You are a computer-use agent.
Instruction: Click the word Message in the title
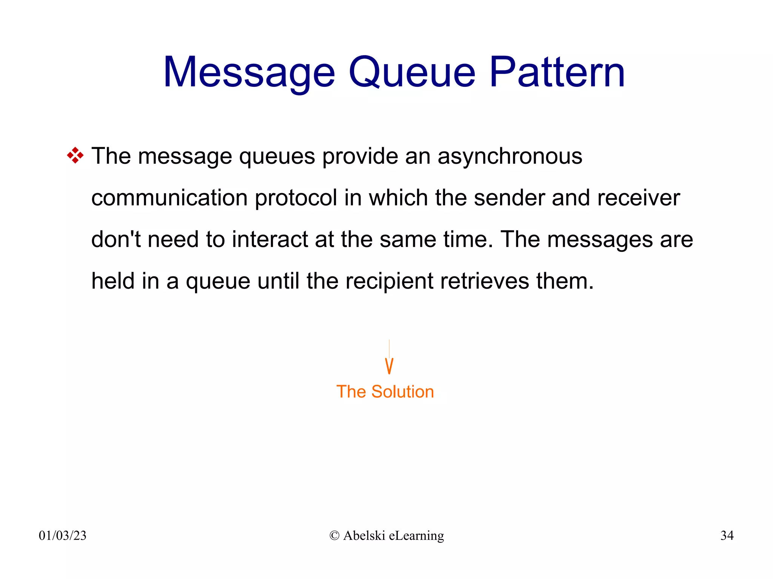tap(249, 72)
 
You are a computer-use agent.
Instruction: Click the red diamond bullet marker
tap(75, 155)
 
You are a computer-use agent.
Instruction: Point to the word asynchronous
tap(510, 156)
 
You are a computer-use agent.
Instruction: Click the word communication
tap(169, 198)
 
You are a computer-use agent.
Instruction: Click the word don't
tap(116, 239)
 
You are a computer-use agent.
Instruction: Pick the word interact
tap(270, 239)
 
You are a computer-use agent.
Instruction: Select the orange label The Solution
tap(385, 392)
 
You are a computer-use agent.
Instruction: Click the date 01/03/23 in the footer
tap(63, 536)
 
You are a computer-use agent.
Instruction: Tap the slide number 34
tap(727, 536)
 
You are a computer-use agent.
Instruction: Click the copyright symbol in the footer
tap(334, 536)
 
